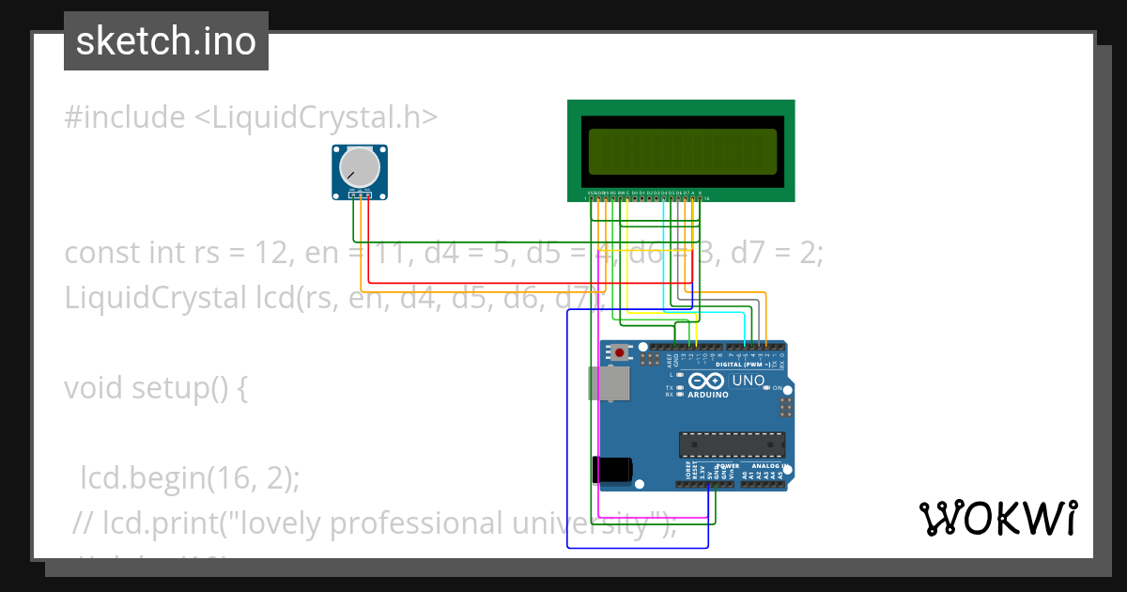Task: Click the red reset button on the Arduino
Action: [x=619, y=353]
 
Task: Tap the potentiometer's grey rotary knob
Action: [x=360, y=168]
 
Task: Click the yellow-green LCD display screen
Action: [x=681, y=150]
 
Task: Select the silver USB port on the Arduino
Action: [x=608, y=383]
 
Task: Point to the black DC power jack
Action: [x=611, y=469]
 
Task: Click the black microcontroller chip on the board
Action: [x=732, y=444]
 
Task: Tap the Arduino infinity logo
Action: [x=705, y=382]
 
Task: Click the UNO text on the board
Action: [x=749, y=381]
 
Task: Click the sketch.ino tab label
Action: [x=166, y=41]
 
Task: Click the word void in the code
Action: [x=94, y=388]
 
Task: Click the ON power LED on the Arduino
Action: [x=767, y=388]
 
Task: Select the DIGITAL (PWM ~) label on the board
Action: [x=749, y=364]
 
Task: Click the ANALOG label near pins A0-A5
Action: [x=762, y=465]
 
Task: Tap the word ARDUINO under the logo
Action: [x=708, y=395]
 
